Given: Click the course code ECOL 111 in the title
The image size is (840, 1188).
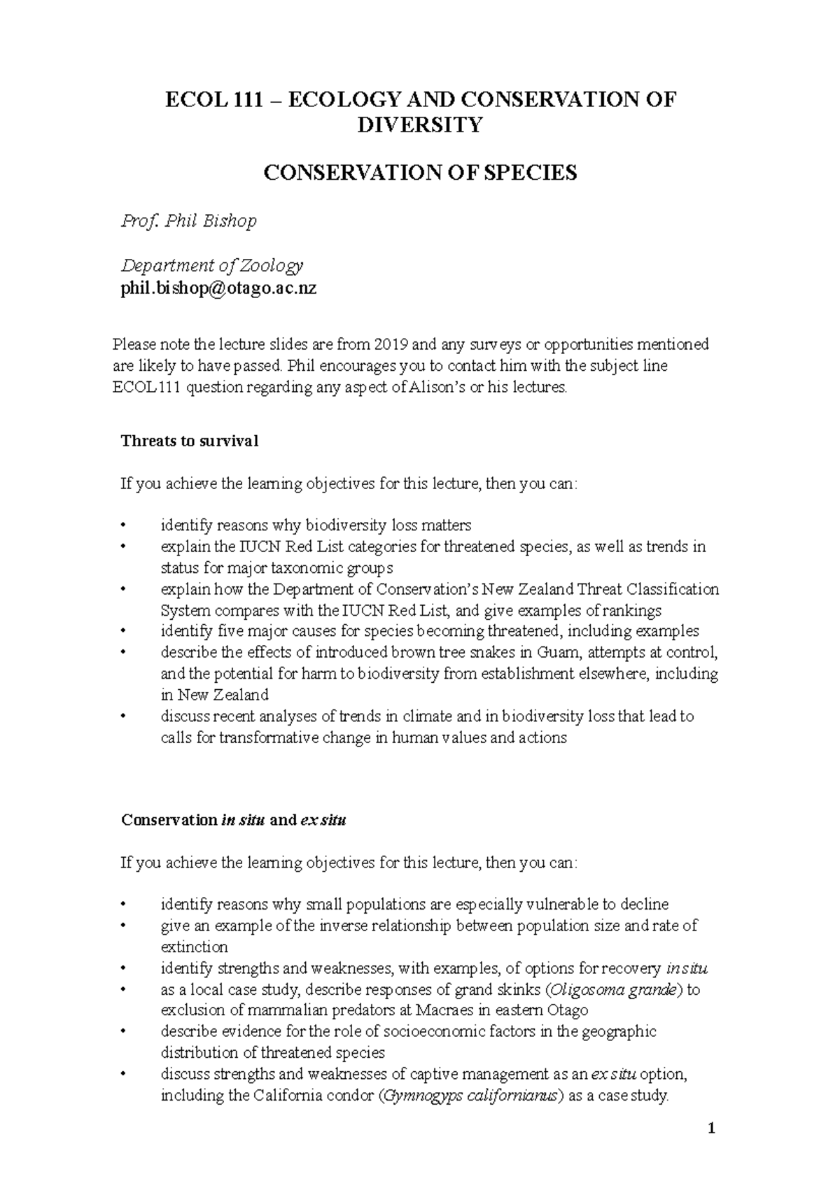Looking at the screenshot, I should (197, 99).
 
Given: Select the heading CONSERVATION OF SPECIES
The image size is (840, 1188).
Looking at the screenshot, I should (419, 173).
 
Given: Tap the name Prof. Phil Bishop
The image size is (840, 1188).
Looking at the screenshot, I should (188, 221).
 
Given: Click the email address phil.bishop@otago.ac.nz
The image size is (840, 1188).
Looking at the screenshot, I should (218, 288).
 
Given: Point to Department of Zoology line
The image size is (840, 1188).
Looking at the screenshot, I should (211, 266).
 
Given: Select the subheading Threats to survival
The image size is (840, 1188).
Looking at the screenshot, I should (189, 441).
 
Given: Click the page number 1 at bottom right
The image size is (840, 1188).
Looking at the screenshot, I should (710, 1129).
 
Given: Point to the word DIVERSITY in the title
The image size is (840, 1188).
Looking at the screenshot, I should (419, 125).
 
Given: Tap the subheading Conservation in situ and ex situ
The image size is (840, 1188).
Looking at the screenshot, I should (233, 820).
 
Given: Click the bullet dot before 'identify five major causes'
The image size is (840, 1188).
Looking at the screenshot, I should (124, 632).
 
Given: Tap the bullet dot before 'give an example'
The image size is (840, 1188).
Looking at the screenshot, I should (124, 926).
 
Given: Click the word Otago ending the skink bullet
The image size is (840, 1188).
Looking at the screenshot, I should (566, 1010).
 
